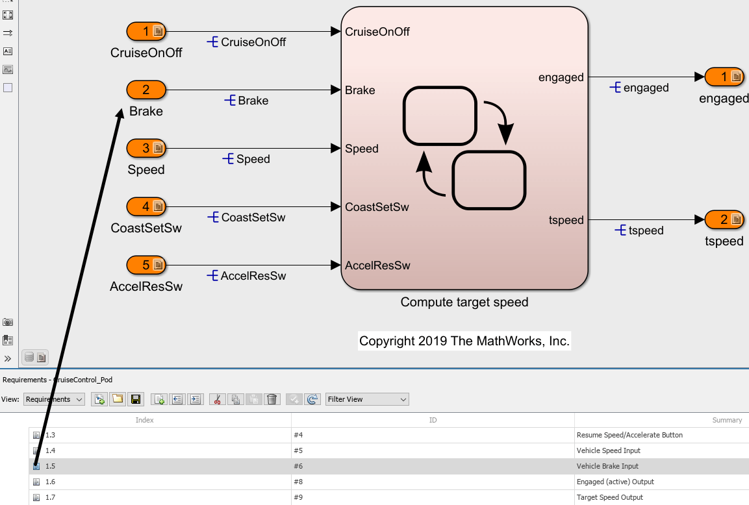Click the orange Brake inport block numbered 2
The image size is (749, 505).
coord(146,90)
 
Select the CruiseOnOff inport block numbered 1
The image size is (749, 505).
coord(146,31)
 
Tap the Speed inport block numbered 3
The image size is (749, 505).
coord(146,148)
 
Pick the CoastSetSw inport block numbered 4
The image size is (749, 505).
coord(146,206)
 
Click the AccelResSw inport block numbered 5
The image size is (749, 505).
coord(146,265)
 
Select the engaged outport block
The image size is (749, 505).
coord(724,77)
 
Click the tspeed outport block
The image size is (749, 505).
coord(724,219)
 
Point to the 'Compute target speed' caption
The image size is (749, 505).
coord(464,302)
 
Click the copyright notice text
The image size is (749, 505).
coord(464,341)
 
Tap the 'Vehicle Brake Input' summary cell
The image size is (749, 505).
coord(607,466)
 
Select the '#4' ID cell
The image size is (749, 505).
coord(299,435)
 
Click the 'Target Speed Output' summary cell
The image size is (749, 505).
coord(609,497)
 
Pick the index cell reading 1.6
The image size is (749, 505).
coord(50,482)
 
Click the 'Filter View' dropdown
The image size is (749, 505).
coord(367,399)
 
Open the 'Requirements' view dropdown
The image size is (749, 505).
coord(54,399)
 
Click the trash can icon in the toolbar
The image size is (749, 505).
coord(272,399)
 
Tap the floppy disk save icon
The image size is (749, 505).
coord(136,399)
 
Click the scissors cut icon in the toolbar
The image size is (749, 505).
coord(218,399)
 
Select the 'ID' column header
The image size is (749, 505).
coord(433,420)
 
